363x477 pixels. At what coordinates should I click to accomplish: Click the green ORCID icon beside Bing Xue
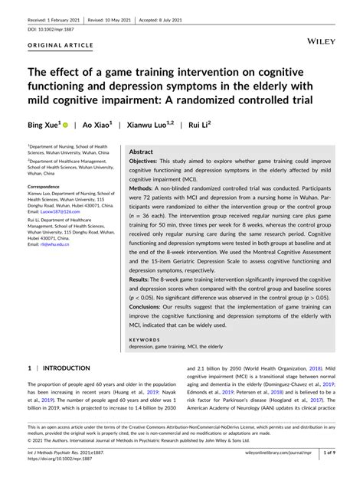[74, 124]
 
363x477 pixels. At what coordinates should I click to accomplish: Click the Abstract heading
[142, 152]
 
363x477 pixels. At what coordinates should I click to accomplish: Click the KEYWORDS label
[146, 338]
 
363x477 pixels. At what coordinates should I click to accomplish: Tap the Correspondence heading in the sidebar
[44, 186]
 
